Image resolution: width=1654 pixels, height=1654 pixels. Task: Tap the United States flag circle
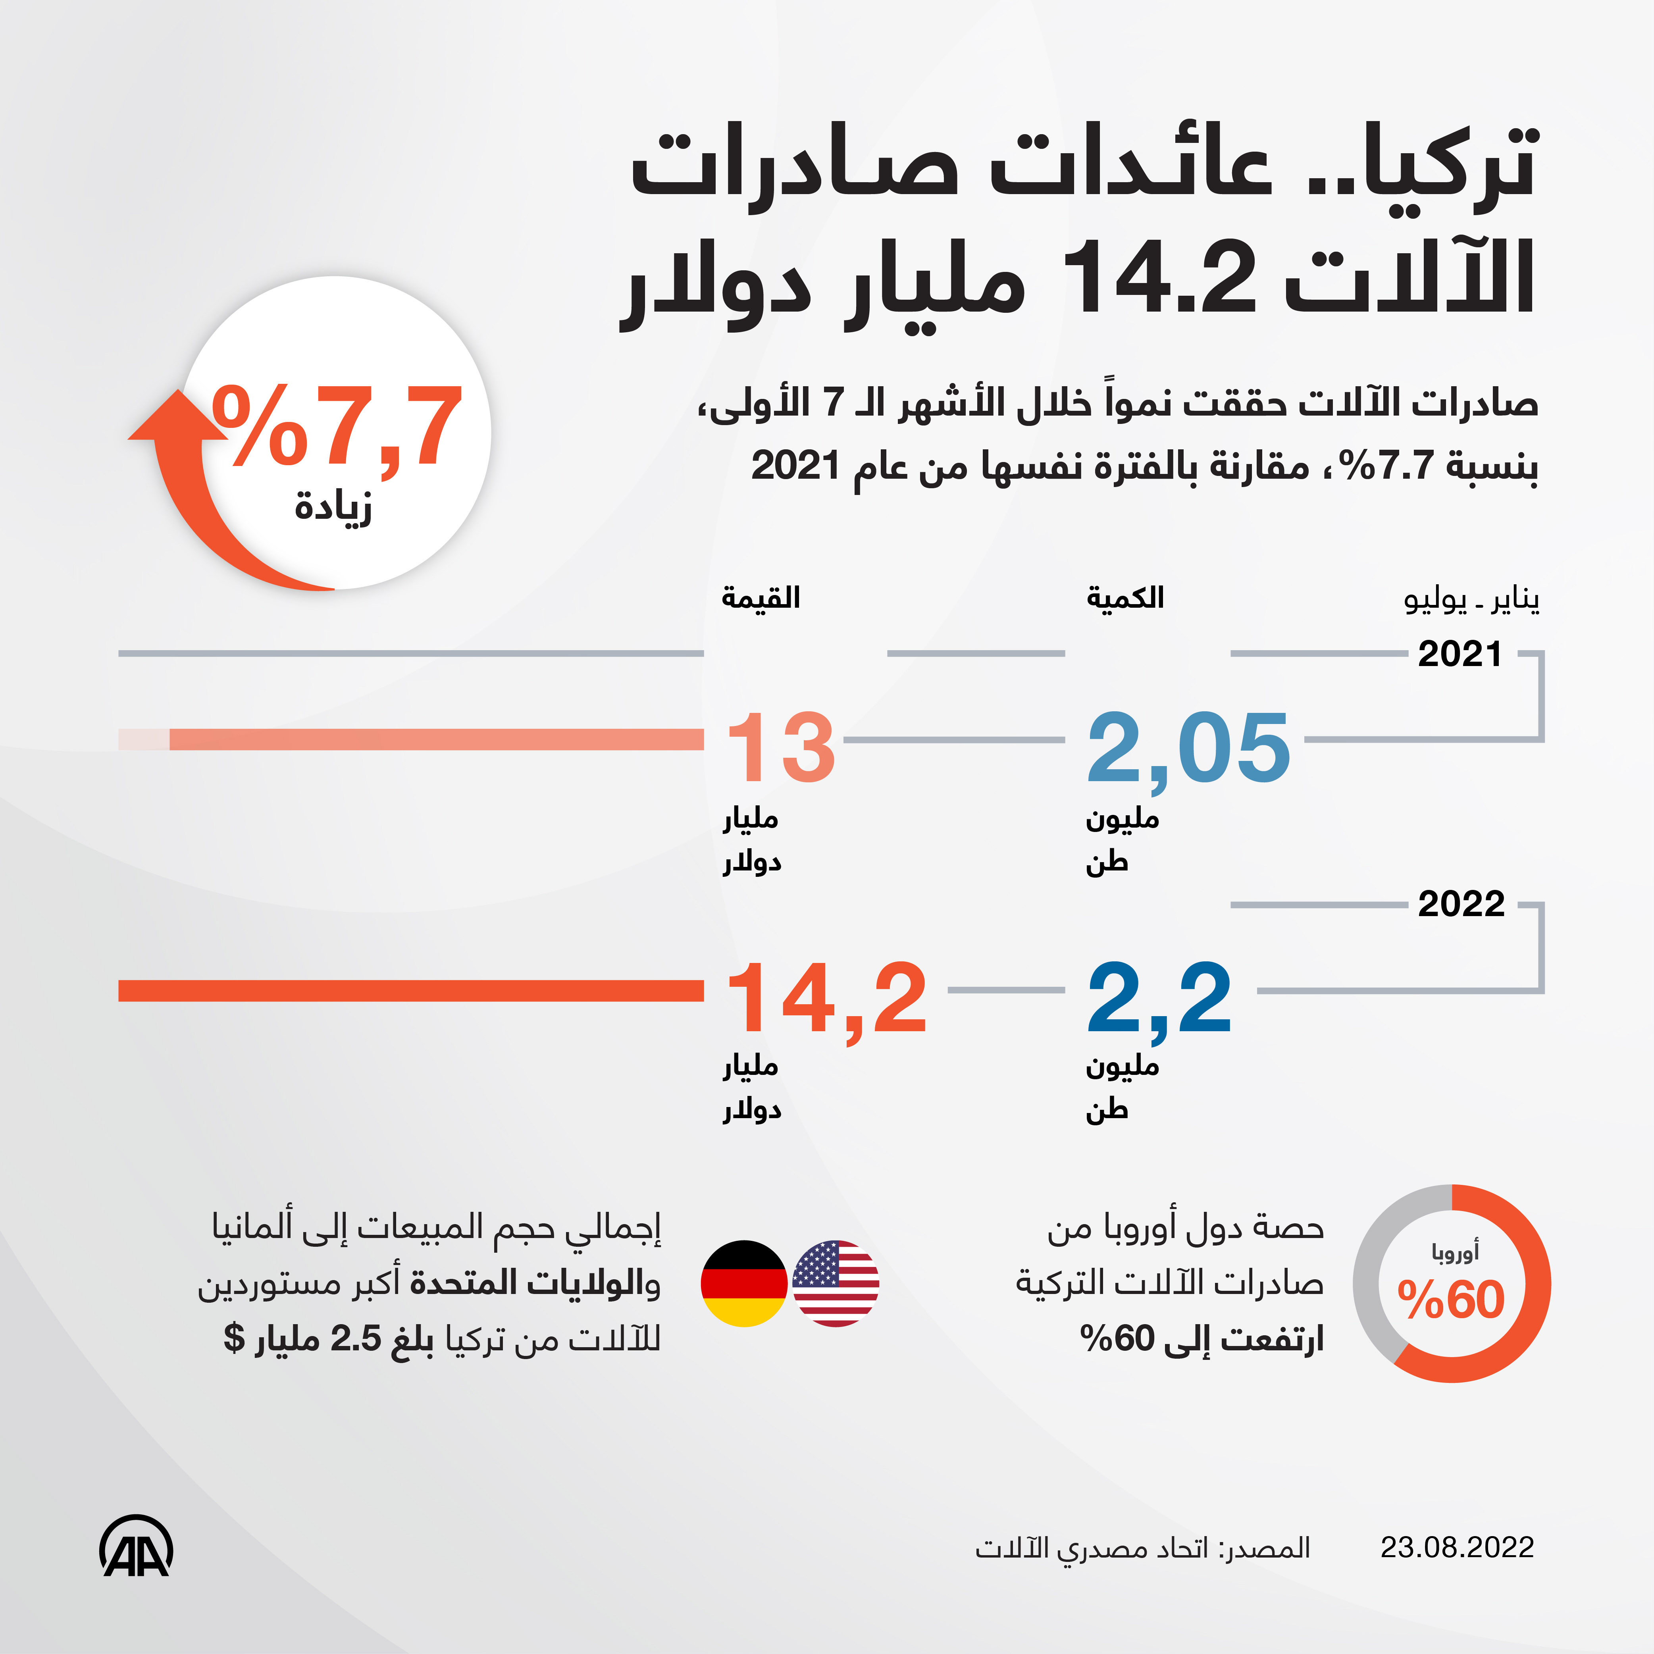click(x=836, y=1283)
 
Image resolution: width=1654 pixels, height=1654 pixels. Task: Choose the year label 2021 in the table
click(x=1460, y=654)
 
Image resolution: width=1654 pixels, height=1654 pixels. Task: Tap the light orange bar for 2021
click(x=428, y=739)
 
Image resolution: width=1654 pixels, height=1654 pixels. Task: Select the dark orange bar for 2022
click(x=411, y=990)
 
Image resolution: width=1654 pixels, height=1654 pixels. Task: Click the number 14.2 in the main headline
click(x=1157, y=278)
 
